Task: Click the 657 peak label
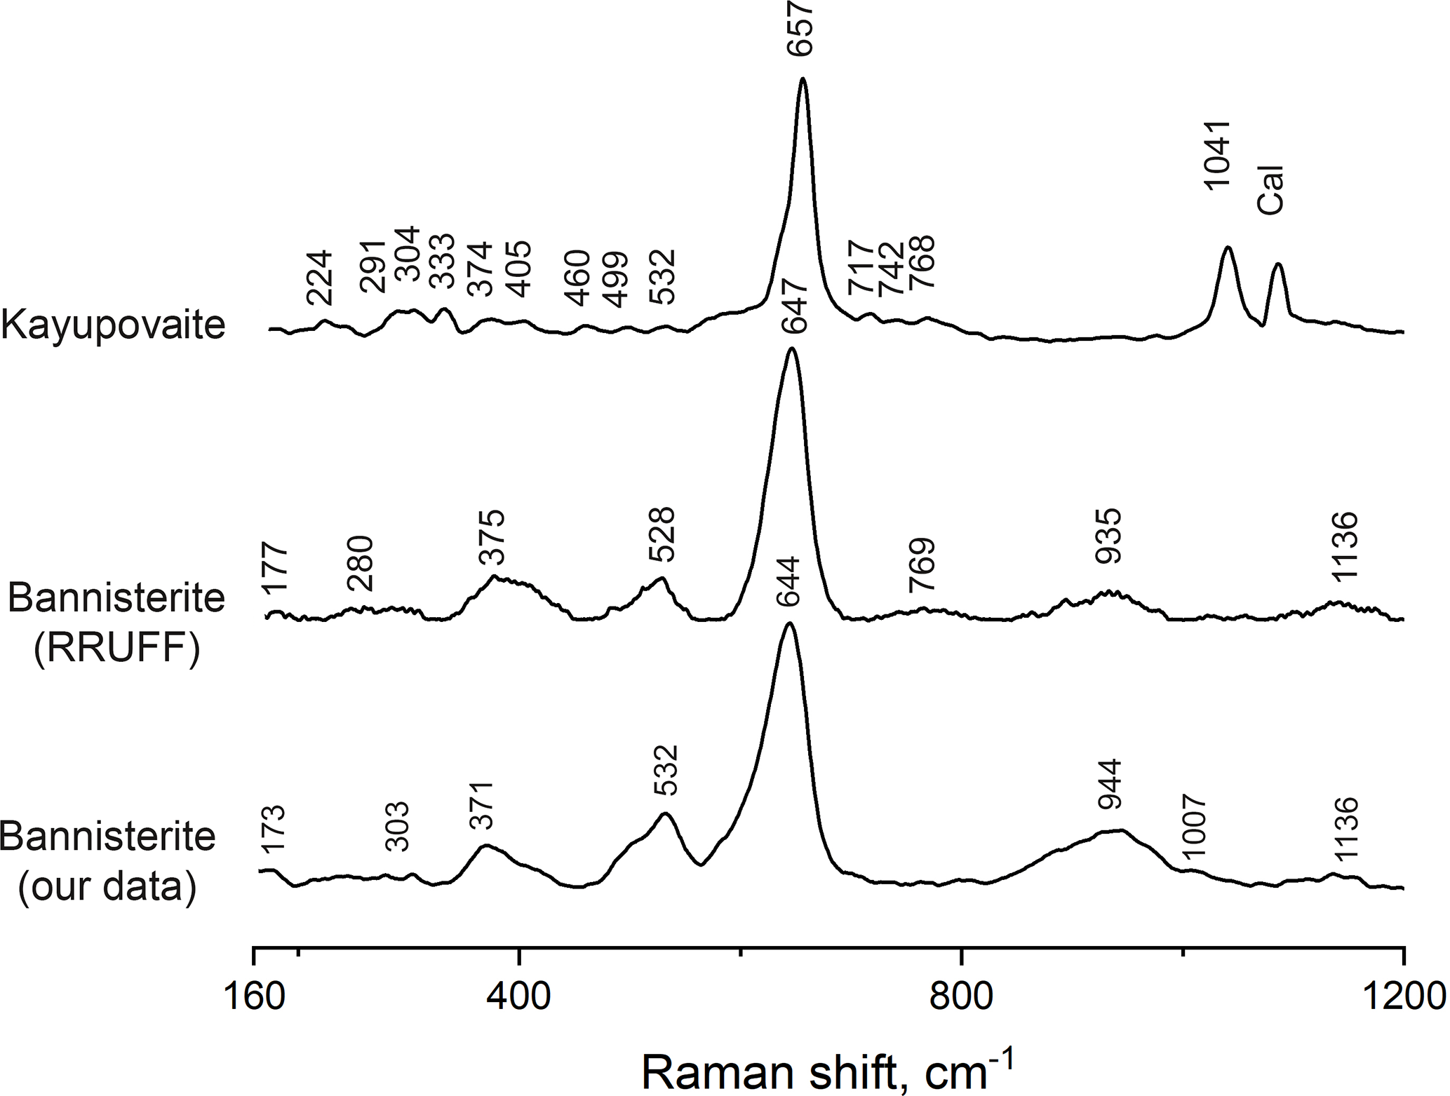coord(802,28)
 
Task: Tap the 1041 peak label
coord(1217,154)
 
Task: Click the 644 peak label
coord(788,582)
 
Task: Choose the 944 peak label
coord(1110,784)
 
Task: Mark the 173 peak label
coord(273,828)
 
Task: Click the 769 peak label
coord(922,565)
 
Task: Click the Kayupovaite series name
coord(114,325)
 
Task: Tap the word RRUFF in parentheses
coord(116,649)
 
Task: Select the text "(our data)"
coord(107,886)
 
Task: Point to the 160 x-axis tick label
coord(254,996)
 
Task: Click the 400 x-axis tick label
coord(519,996)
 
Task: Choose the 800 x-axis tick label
coord(961,996)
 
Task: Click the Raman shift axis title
coord(828,1071)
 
